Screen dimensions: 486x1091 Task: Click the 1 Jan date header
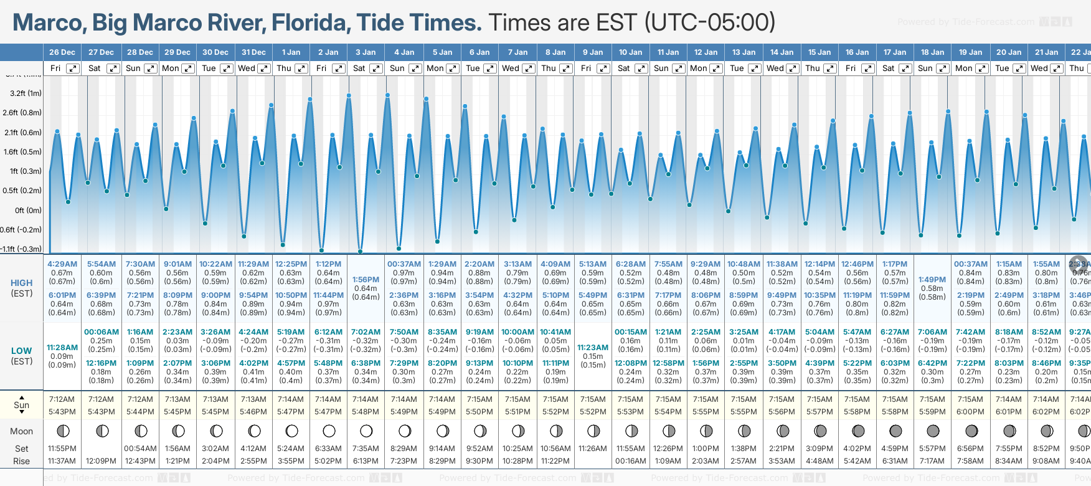pos(291,52)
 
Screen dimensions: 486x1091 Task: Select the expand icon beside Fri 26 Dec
pos(73,69)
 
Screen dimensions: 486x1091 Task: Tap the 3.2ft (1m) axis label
pos(26,93)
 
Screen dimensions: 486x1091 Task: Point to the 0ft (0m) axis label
pos(28,210)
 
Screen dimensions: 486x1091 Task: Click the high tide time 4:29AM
pos(62,264)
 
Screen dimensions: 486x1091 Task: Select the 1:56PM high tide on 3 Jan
pos(366,280)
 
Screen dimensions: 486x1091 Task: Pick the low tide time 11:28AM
pos(62,348)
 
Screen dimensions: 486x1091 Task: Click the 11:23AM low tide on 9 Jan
pos(593,348)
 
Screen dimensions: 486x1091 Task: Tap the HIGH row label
pos(22,283)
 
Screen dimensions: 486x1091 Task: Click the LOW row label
pos(22,351)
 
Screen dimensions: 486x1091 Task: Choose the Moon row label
pos(22,431)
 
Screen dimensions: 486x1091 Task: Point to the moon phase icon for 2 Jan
pos(329,431)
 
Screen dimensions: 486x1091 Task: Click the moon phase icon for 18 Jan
pos(933,431)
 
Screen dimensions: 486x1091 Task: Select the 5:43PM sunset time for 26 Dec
pos(62,412)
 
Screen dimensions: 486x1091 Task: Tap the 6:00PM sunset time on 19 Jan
pos(970,412)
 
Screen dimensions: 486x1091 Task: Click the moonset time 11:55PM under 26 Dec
pos(62,449)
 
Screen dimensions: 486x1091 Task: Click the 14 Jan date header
pos(782,52)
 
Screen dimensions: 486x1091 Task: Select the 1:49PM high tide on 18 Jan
pos(932,280)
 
